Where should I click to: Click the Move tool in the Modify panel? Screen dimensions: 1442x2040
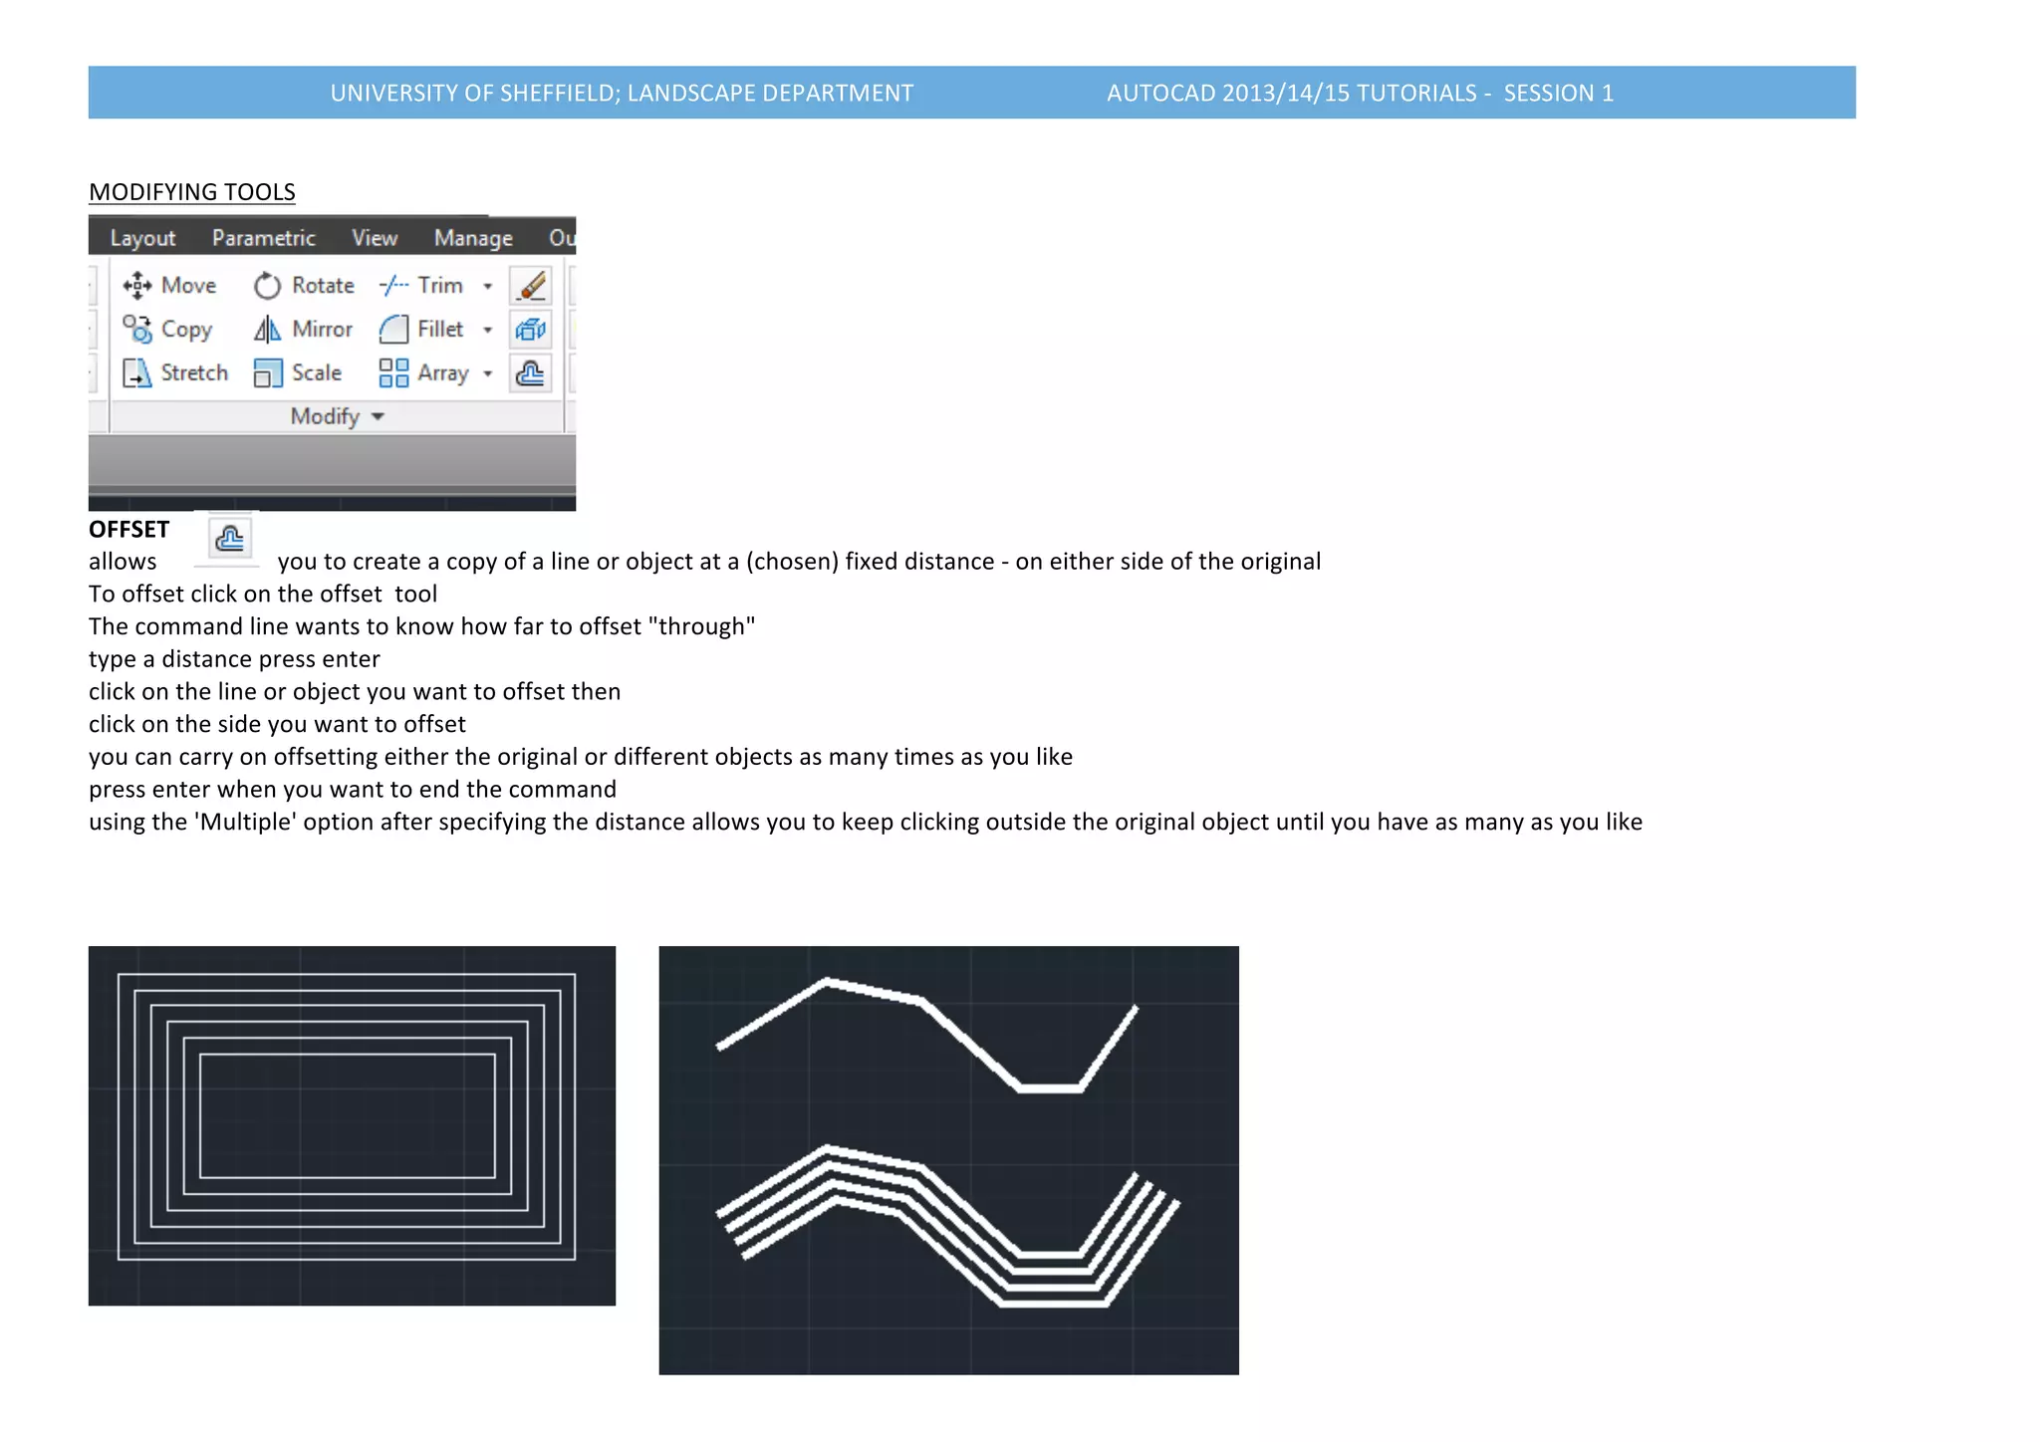(169, 286)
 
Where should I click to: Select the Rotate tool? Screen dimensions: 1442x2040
(304, 286)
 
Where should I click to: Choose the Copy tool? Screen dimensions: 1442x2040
(167, 329)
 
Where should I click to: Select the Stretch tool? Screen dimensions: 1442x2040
(175, 372)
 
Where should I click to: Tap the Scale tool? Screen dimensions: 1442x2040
(298, 372)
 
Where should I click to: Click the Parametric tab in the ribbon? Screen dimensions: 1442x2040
(263, 238)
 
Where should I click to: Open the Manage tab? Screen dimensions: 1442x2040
(473, 238)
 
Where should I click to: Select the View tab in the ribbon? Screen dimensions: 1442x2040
(375, 238)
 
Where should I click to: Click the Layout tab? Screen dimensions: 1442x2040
(142, 238)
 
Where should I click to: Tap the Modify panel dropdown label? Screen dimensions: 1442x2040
(337, 416)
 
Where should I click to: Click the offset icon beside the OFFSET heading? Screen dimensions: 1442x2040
(229, 539)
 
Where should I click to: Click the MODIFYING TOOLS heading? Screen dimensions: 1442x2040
(192, 191)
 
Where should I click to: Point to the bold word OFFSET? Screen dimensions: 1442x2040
(128, 529)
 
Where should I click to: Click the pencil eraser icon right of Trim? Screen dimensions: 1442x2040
(531, 286)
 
